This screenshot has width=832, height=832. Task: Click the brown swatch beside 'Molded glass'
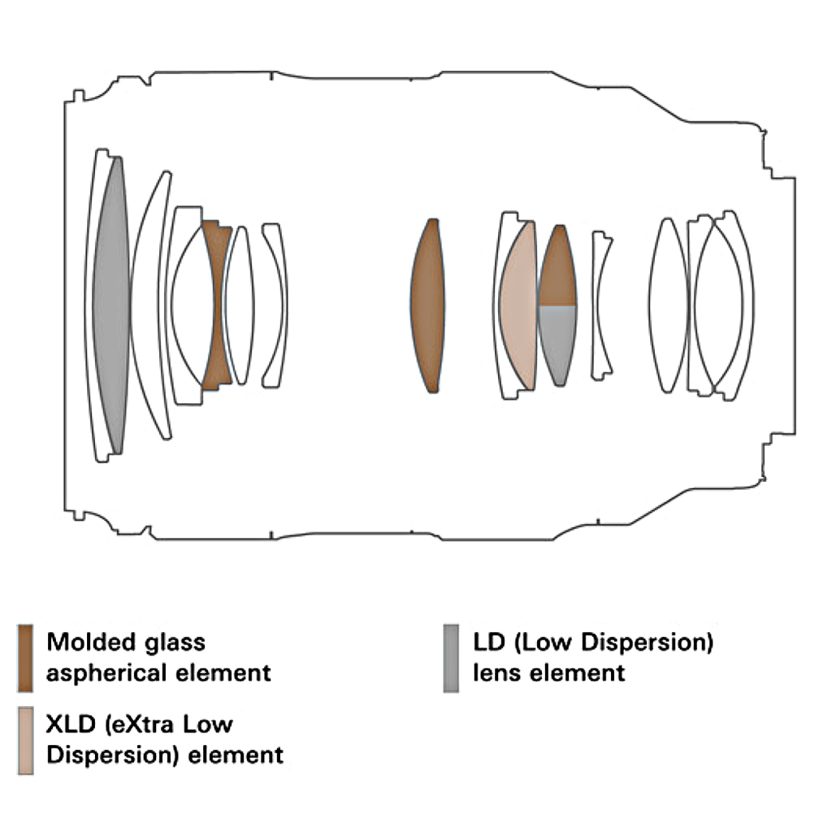coord(26,657)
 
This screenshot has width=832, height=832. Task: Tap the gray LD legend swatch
coord(451,657)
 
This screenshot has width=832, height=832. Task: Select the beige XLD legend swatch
coord(26,739)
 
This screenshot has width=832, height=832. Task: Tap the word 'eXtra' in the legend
coord(146,724)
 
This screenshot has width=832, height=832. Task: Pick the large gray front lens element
coord(111,305)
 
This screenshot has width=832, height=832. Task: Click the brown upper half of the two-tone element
coord(558,268)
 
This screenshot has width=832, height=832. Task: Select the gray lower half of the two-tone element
coord(558,341)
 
